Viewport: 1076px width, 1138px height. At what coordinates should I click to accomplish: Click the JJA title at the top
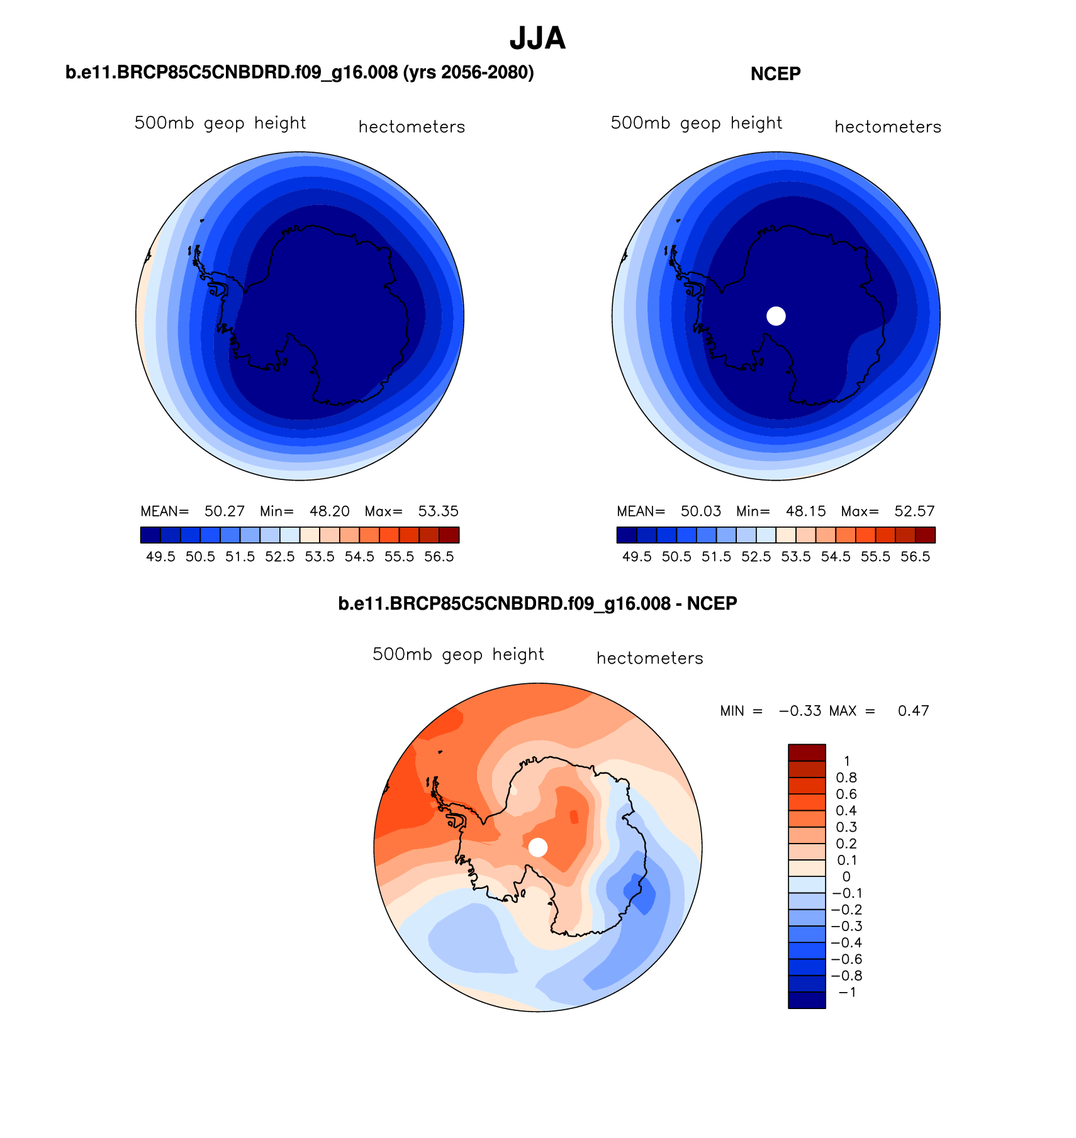coord(537,39)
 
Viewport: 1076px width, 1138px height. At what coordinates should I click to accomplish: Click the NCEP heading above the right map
coord(775,74)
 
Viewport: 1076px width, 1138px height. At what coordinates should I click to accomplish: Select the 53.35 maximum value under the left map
coord(438,511)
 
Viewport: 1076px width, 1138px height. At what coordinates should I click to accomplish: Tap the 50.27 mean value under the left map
coord(225,511)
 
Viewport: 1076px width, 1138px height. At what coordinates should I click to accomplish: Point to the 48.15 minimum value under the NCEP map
coord(805,511)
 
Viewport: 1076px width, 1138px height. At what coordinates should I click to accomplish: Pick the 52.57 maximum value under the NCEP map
coord(914,511)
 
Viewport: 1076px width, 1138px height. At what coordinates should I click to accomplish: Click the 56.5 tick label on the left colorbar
coord(439,557)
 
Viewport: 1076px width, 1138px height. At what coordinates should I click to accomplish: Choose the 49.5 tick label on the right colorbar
coord(637,557)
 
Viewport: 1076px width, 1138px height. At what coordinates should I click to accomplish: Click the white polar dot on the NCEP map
coord(776,316)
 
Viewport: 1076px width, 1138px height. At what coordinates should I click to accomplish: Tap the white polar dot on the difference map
coord(537,847)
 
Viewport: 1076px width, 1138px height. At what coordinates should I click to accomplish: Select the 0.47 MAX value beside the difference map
coord(913,711)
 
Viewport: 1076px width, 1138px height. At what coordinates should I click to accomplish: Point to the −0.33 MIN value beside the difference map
coord(800,711)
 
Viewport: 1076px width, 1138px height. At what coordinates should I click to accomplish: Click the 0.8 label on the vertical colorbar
coord(846,778)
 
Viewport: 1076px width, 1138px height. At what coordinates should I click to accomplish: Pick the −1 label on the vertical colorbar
coord(847,993)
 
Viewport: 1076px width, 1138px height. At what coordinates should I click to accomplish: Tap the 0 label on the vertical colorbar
coord(846,877)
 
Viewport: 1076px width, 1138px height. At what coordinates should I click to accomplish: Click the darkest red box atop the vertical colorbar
coord(807,752)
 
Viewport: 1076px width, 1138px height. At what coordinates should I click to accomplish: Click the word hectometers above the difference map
coord(649,659)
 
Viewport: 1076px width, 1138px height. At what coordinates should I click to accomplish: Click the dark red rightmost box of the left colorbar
coord(449,535)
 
